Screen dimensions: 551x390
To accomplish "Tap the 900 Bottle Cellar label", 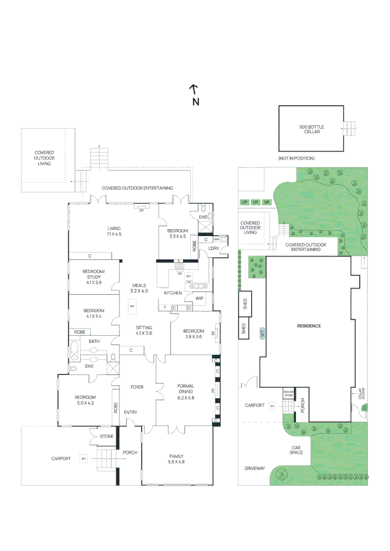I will click(311, 129).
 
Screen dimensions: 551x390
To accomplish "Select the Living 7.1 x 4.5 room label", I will click(114, 231).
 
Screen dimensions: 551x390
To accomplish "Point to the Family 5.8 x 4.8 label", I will click(176, 459).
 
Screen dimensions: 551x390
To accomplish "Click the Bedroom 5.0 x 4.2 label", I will click(85, 400).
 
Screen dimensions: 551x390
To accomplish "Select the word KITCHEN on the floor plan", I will click(173, 293).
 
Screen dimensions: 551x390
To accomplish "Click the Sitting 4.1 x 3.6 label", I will click(144, 330).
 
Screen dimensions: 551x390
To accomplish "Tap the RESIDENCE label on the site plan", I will click(309, 325).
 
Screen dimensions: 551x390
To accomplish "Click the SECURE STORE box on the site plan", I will click(289, 393).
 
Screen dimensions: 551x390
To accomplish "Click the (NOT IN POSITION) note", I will click(297, 159).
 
